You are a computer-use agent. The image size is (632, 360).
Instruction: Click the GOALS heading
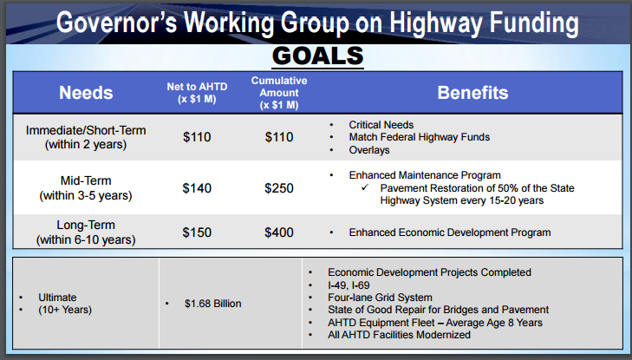317,56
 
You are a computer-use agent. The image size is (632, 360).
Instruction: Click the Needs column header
86,93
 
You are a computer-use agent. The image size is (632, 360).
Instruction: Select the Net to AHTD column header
197,93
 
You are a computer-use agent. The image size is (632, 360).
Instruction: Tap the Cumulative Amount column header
279,93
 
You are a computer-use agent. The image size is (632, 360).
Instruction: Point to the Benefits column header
472,93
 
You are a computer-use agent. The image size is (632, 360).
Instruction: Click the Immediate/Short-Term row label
86,137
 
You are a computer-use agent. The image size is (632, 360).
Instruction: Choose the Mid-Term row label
86,188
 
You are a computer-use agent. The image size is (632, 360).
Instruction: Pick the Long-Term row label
86,232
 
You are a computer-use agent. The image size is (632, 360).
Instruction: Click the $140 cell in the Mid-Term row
197,188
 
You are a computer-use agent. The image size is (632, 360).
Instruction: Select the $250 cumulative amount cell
279,188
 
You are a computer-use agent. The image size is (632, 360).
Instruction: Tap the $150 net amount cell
197,232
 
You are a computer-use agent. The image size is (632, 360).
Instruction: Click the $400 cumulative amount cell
279,232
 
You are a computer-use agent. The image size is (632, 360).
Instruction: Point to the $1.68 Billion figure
212,304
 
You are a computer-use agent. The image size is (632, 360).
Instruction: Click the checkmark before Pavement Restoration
365,187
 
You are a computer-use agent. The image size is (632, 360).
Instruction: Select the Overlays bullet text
369,150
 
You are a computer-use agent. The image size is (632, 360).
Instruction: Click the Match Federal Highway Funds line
420,137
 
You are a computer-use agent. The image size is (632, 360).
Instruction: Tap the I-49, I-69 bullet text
349,285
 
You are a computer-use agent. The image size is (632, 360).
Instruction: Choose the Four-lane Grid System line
380,298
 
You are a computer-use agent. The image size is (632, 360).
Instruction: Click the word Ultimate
57,298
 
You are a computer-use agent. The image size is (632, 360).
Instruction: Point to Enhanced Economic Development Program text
450,232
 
